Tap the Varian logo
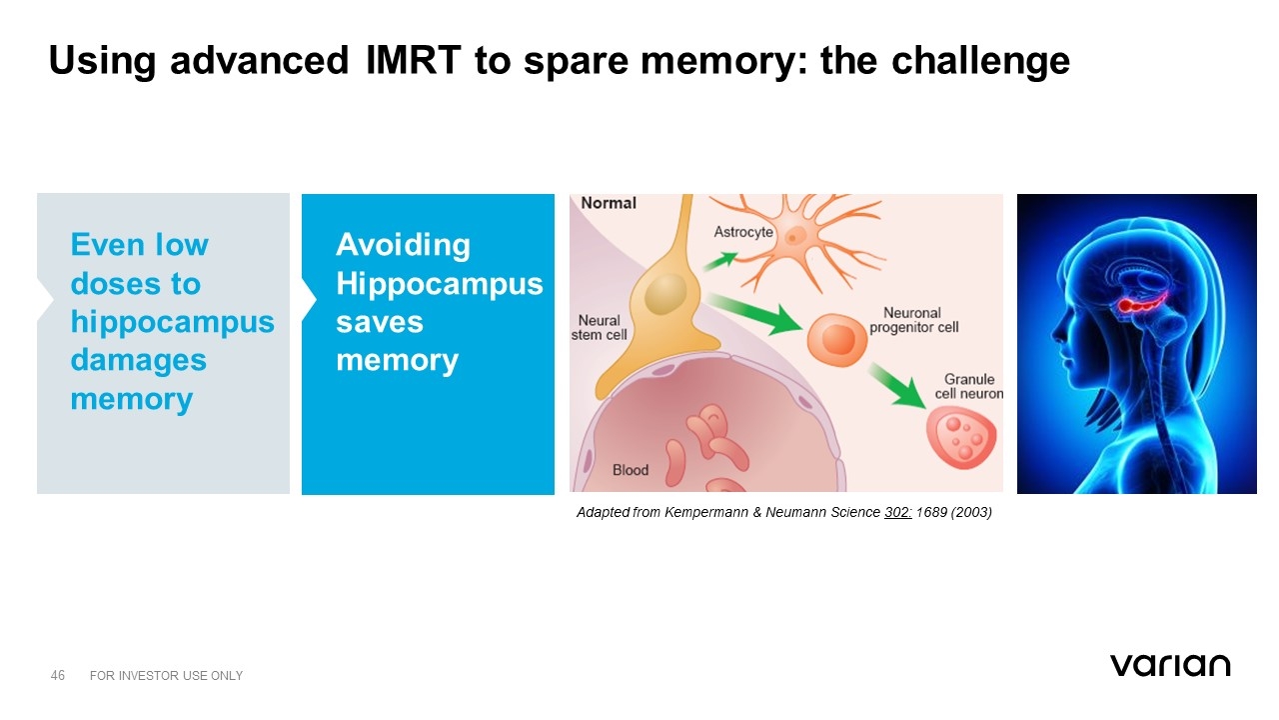coord(1169,665)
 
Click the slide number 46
coord(58,676)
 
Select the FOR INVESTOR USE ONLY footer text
coord(166,676)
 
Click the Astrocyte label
coord(743,232)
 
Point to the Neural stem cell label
coord(600,328)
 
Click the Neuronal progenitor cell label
coord(913,320)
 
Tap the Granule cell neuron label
coord(968,386)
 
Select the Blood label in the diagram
coord(631,469)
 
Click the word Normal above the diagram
coord(609,203)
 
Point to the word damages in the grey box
coord(138,360)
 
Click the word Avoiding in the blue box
coord(403,244)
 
